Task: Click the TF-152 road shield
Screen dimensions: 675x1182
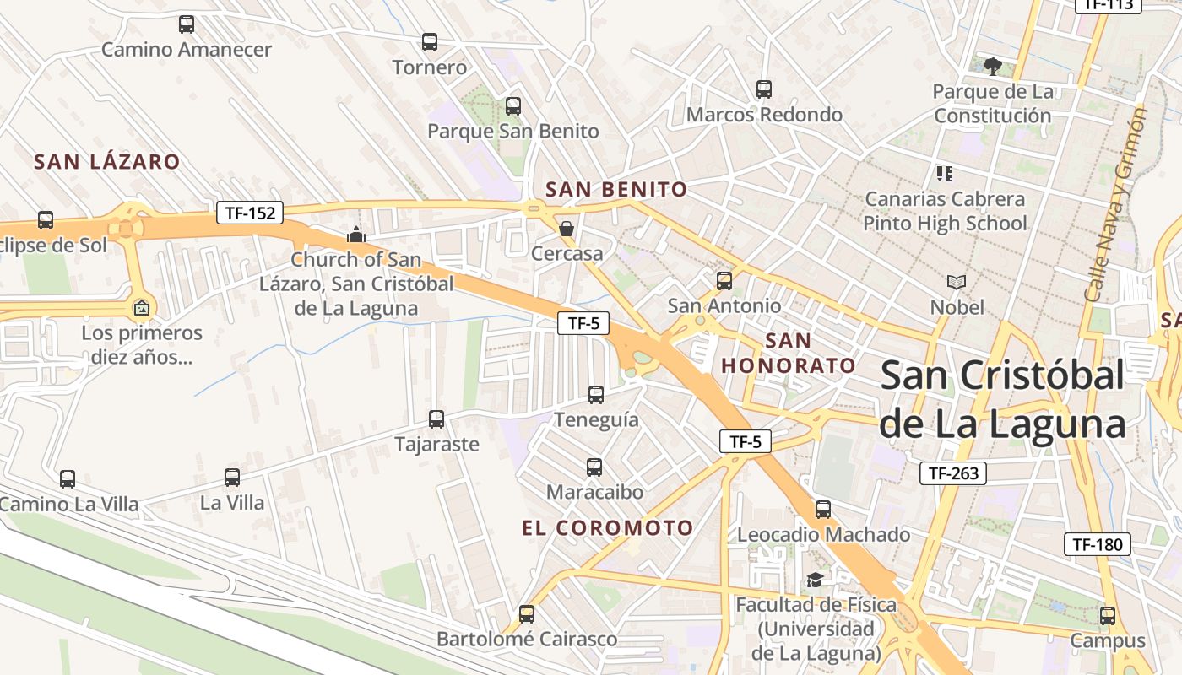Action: coord(249,213)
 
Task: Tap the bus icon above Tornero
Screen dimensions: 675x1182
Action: coord(430,41)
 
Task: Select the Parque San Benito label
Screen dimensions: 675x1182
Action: coord(512,131)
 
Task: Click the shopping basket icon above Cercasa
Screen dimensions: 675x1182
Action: coord(567,229)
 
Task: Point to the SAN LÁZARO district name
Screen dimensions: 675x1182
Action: coord(107,161)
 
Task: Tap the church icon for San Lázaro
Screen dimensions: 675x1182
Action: coord(356,235)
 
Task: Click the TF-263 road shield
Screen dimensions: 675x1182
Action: coord(953,473)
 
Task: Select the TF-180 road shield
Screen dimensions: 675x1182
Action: coord(1096,544)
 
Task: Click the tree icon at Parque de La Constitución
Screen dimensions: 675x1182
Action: coord(993,66)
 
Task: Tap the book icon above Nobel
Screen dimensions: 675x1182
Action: coord(956,283)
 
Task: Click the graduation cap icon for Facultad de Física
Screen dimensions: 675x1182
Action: coord(815,580)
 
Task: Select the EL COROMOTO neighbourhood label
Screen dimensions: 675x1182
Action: coord(607,528)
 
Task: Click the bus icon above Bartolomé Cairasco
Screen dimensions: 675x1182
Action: coord(527,614)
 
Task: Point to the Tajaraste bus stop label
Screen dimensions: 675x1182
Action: coord(436,444)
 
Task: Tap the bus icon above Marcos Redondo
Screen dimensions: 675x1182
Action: coord(764,89)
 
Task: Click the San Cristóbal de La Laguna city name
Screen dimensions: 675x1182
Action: coord(1002,399)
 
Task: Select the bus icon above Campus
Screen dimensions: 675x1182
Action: coord(1107,616)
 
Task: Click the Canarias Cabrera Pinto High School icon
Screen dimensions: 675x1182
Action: coord(945,174)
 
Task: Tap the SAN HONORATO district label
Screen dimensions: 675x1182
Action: coord(789,354)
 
